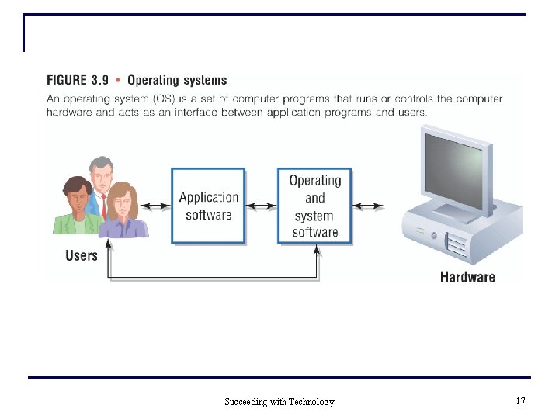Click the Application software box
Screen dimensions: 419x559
[x=208, y=206]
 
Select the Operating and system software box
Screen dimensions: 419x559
[x=314, y=206]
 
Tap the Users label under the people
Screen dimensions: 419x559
[x=82, y=255]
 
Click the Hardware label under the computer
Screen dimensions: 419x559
[x=467, y=276]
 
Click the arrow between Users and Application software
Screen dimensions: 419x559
[x=155, y=206]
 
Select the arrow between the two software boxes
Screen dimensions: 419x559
[x=261, y=206]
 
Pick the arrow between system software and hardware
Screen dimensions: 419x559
[x=367, y=206]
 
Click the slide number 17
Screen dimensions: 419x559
[x=520, y=401]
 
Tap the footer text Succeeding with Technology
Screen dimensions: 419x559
[x=279, y=402]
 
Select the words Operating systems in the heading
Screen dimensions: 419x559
[x=177, y=80]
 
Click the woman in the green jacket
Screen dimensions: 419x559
[x=75, y=206]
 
